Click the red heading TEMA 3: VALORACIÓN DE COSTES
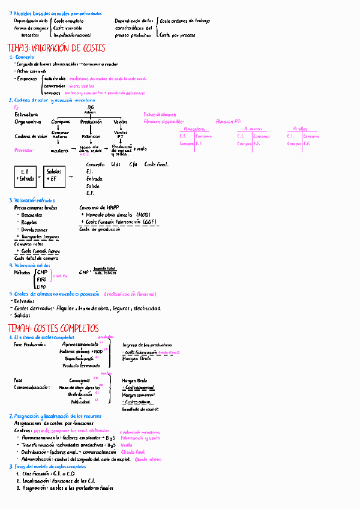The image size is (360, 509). (x=56, y=49)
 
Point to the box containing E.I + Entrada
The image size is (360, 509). (x=26, y=175)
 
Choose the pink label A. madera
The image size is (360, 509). (x=196, y=129)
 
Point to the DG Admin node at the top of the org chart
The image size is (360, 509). (x=90, y=109)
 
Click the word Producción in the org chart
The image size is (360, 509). (x=91, y=122)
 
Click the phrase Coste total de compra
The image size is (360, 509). (x=36, y=258)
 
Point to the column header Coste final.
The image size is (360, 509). (x=157, y=164)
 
